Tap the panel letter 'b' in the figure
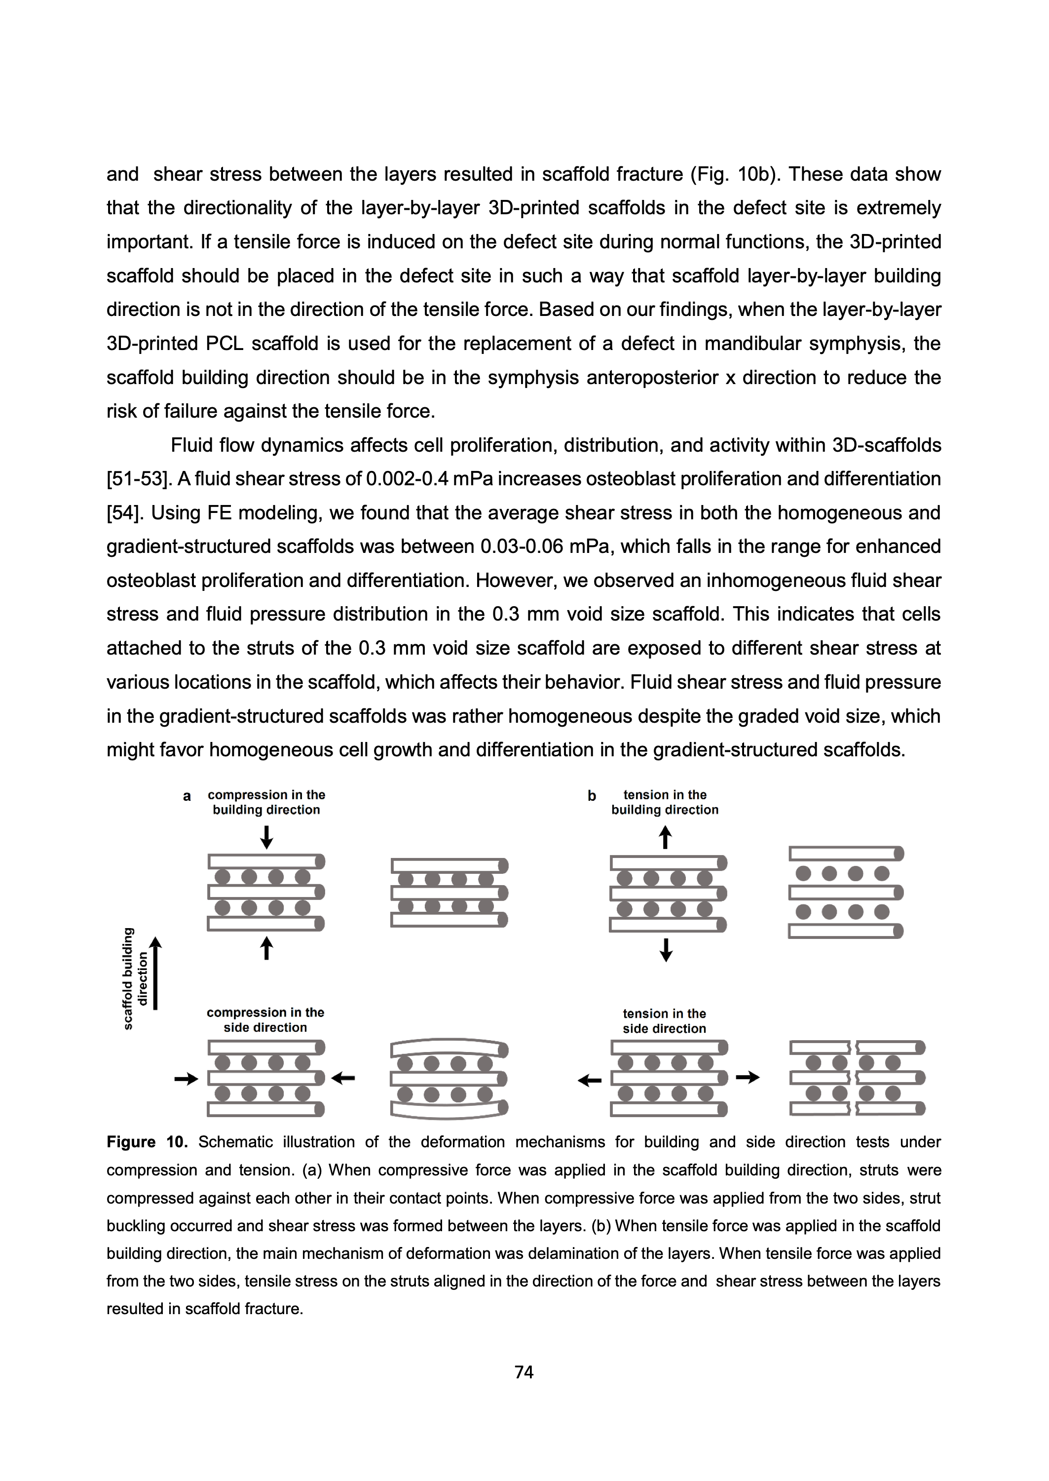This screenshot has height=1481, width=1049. pyautogui.click(x=591, y=796)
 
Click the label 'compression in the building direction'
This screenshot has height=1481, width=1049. pyautogui.click(x=266, y=802)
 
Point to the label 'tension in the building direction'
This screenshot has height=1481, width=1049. pyautogui.click(x=665, y=802)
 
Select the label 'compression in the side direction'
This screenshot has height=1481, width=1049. pyautogui.click(x=265, y=1019)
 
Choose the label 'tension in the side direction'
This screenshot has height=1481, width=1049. pyautogui.click(x=664, y=1021)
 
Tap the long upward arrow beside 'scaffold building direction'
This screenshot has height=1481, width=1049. pyautogui.click(x=155, y=973)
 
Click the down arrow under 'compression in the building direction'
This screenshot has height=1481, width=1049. pyautogui.click(x=266, y=837)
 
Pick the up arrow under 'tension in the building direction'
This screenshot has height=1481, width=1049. pyautogui.click(x=665, y=838)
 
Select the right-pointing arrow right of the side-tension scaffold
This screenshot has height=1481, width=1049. pyautogui.click(x=748, y=1077)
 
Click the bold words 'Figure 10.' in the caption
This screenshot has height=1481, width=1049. pyautogui.click(x=147, y=1142)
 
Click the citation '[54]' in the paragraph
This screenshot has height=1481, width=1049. pyautogui.click(x=124, y=513)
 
